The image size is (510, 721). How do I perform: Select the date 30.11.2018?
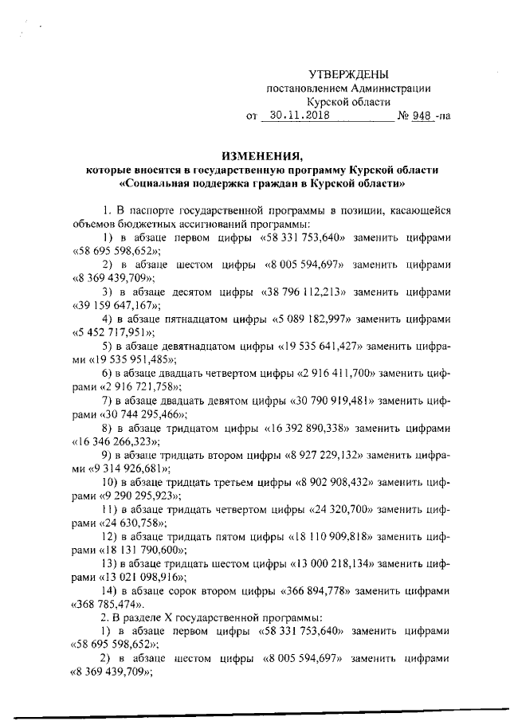coord(297,115)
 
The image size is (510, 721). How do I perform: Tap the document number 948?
coord(421,115)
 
